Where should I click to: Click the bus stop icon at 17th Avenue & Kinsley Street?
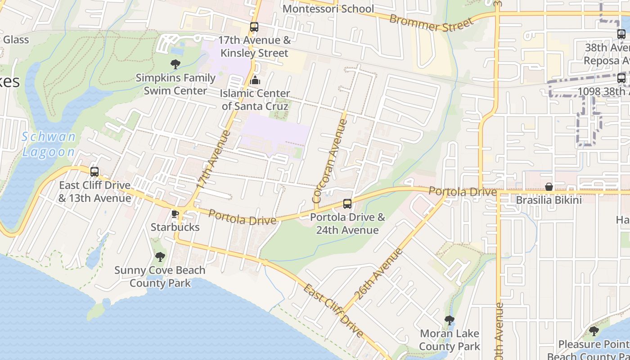[x=254, y=27]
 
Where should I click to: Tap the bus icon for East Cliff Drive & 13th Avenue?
[x=94, y=172]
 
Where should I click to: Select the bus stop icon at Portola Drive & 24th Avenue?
[x=347, y=204]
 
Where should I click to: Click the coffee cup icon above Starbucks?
[x=175, y=214]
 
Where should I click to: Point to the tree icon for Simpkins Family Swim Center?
[x=175, y=64]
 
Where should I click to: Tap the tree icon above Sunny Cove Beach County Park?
[x=160, y=257]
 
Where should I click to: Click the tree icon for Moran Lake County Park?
[x=449, y=320]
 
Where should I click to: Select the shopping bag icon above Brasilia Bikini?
[x=549, y=187]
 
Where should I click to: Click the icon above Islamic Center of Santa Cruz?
[x=255, y=81]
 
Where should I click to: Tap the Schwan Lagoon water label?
[x=49, y=144]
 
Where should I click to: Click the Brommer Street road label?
[x=432, y=24]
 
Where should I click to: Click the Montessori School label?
[x=328, y=9]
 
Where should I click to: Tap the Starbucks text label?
[x=175, y=227]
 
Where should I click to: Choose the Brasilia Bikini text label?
[x=549, y=200]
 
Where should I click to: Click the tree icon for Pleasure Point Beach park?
[x=594, y=332]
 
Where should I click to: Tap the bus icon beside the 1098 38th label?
[x=621, y=78]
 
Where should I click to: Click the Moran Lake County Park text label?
[x=450, y=340]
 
